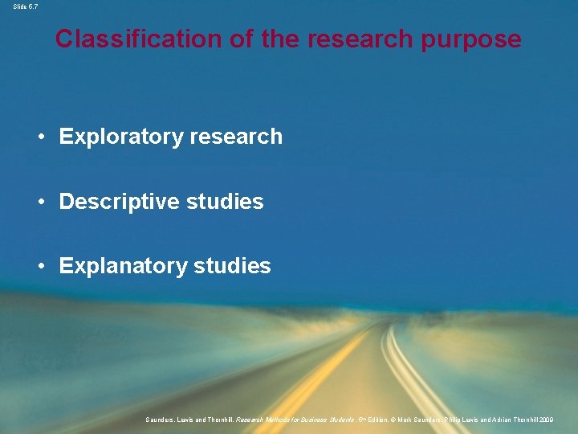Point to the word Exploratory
(x=121, y=137)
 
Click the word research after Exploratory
(x=237, y=137)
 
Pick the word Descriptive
(x=120, y=202)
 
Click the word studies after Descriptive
(x=225, y=202)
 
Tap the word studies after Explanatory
(x=233, y=266)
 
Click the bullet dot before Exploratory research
(x=41, y=137)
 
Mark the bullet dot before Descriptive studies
(x=41, y=202)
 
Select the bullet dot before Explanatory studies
(x=41, y=266)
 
